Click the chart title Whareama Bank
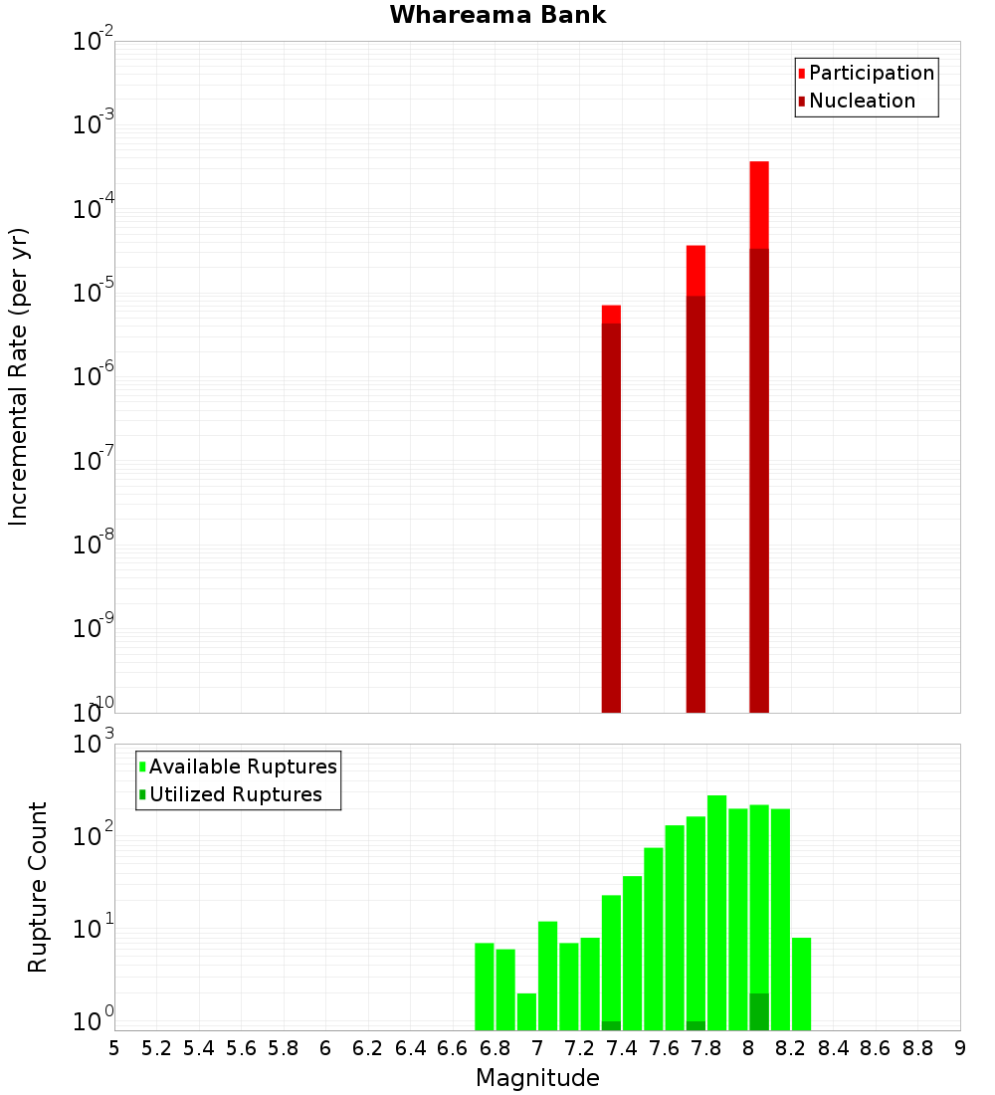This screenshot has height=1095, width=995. pos(497,15)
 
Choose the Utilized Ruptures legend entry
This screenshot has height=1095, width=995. pos(234,794)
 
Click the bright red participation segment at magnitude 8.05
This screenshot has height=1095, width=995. pos(759,204)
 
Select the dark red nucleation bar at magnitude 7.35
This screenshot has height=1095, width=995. pos(611,518)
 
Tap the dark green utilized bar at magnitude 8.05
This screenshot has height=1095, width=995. pos(759,1011)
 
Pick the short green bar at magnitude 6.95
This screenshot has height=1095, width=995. pos(526,1011)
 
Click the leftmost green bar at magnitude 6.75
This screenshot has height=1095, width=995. pos(485,985)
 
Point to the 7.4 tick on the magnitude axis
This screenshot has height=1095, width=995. pos(622,1048)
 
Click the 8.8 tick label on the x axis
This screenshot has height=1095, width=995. pos(917,1048)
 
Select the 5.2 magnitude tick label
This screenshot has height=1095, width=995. pos(157,1048)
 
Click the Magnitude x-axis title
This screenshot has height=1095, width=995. pos(537,1078)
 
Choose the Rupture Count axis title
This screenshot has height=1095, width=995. pos(38,886)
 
